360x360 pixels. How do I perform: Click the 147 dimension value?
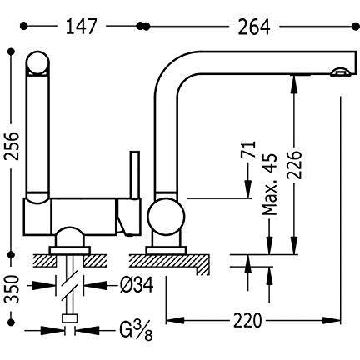pos(81,27)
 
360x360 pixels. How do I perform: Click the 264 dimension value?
pos(254,27)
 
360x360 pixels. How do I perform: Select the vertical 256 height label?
pos(12,146)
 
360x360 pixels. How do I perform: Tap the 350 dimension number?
pos(12,289)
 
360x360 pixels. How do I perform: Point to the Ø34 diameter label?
pos(137,285)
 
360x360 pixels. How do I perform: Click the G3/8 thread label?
pos(136,331)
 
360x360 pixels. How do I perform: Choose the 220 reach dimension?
pos(247,320)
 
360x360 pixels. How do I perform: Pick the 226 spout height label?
pos(294,165)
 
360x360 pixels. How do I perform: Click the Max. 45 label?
pos(270,184)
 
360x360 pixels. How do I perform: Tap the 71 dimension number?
pos(247,149)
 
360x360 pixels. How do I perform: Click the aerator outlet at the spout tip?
pos(340,72)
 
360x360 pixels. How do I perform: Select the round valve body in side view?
pos(166,217)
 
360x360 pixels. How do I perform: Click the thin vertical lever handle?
pos(135,175)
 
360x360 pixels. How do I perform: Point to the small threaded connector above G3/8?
pos(69,318)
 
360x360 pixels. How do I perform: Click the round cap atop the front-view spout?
pos(37,63)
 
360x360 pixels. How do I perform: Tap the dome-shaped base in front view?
pos(69,237)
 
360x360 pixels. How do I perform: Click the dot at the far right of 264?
pos(356,27)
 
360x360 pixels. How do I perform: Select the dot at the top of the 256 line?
pos(12,52)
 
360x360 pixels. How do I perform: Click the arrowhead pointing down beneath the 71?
pos(247,189)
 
